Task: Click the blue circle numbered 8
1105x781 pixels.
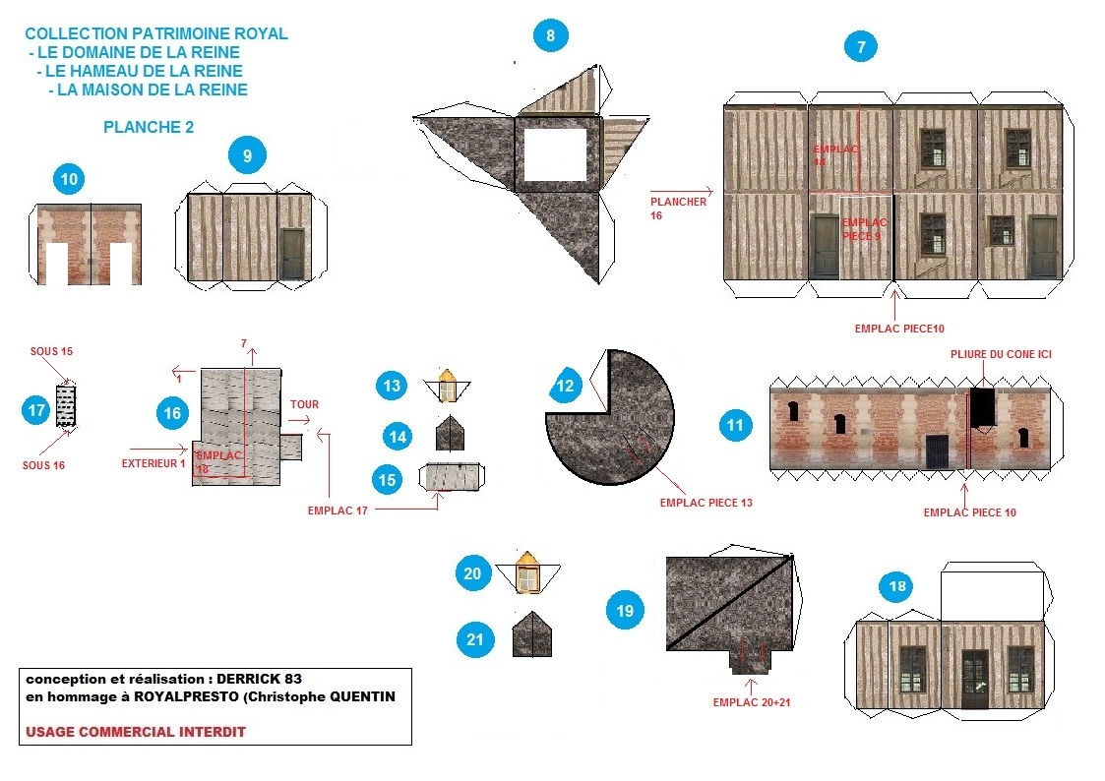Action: click(551, 36)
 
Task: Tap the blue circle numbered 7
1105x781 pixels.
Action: click(861, 46)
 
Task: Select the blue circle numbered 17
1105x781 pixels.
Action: click(36, 410)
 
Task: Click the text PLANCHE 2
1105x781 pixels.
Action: click(149, 127)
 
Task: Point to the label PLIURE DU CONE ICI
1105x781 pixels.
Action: click(1001, 354)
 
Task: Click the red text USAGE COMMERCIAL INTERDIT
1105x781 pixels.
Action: click(136, 732)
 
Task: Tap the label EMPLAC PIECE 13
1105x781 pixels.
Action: click(706, 503)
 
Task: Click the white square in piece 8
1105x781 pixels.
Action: click(555, 154)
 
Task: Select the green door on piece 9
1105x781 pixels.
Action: click(292, 254)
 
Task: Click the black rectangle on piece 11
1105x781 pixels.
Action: click(981, 407)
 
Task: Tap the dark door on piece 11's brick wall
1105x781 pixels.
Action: click(937, 451)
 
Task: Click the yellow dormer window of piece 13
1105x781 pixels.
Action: click(448, 387)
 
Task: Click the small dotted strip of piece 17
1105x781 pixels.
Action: click(66, 405)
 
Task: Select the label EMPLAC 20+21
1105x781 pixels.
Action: click(753, 703)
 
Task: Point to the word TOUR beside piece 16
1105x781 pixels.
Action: click(304, 404)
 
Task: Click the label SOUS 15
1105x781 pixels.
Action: click(51, 351)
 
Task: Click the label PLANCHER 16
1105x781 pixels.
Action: click(678, 208)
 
